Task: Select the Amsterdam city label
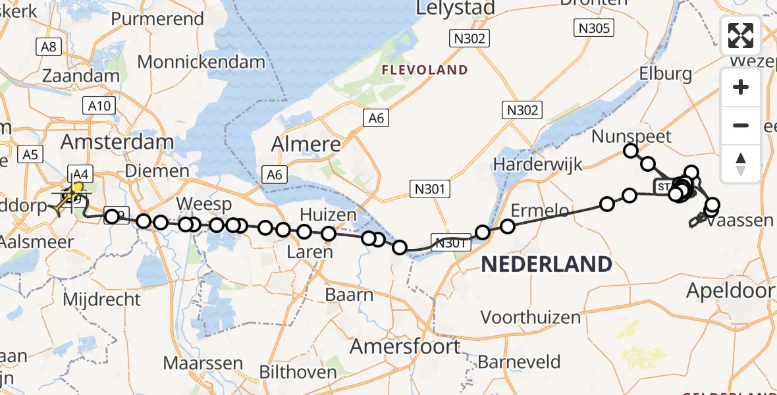[x=117, y=142]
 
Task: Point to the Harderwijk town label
[x=538, y=163]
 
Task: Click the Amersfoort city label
[x=405, y=346]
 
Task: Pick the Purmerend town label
[x=157, y=18]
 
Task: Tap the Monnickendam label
[x=201, y=63]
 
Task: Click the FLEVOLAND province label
[x=426, y=70]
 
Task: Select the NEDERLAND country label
[x=547, y=264]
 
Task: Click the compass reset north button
[x=741, y=163]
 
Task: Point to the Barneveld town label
[x=519, y=361]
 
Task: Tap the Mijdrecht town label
[x=101, y=300]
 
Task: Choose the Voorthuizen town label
[x=531, y=317]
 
